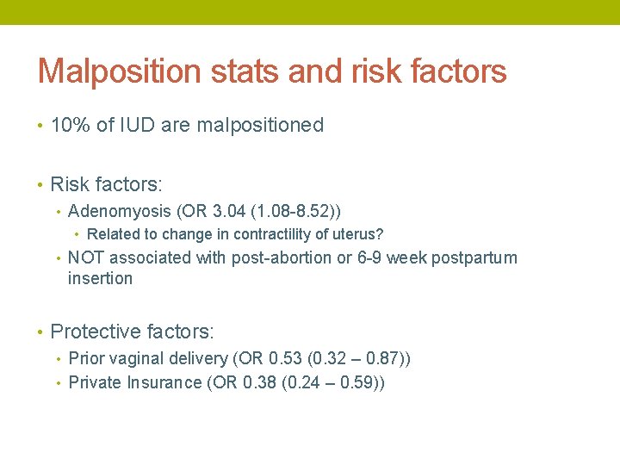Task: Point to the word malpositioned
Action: click(260, 126)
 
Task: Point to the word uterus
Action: click(358, 234)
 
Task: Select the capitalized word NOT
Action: click(86, 257)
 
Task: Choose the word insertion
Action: click(100, 278)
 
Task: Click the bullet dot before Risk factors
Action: click(40, 185)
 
